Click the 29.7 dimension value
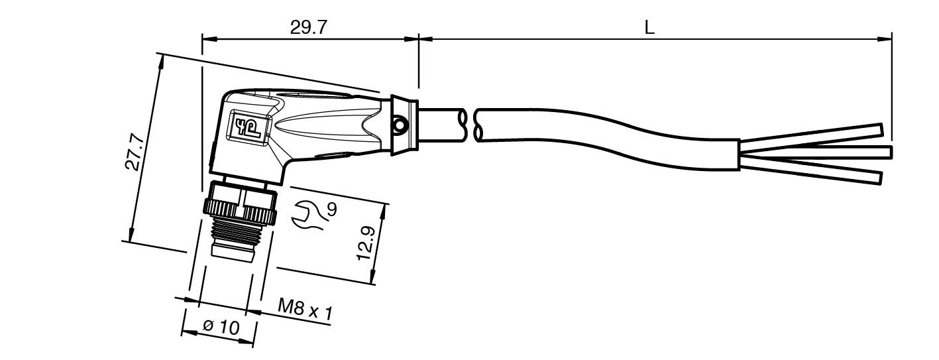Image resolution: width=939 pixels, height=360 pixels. click(x=307, y=28)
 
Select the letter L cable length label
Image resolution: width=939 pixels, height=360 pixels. click(x=649, y=28)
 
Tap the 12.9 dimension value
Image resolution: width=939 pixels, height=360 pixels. click(x=365, y=243)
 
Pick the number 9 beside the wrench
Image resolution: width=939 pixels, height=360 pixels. click(x=332, y=210)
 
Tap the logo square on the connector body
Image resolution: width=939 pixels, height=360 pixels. click(x=247, y=127)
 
